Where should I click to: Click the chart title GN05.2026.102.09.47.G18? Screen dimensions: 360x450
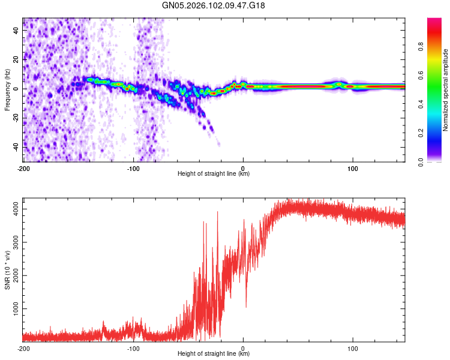214,5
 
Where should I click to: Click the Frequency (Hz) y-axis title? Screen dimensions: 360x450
8,89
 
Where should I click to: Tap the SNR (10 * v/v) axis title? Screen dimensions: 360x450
8,269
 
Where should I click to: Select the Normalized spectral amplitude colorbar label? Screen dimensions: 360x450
446,89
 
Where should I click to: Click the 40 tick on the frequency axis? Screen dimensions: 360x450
16,31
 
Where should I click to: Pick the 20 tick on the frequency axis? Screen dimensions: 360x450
16,59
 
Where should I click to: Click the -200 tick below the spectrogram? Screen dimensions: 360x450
23,169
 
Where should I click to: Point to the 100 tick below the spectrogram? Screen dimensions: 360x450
353,169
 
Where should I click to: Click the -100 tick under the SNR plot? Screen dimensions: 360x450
133,349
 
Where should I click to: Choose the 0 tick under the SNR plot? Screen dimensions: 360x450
243,349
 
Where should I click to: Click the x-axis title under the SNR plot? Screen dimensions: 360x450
214,355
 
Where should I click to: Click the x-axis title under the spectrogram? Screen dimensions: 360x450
214,174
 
